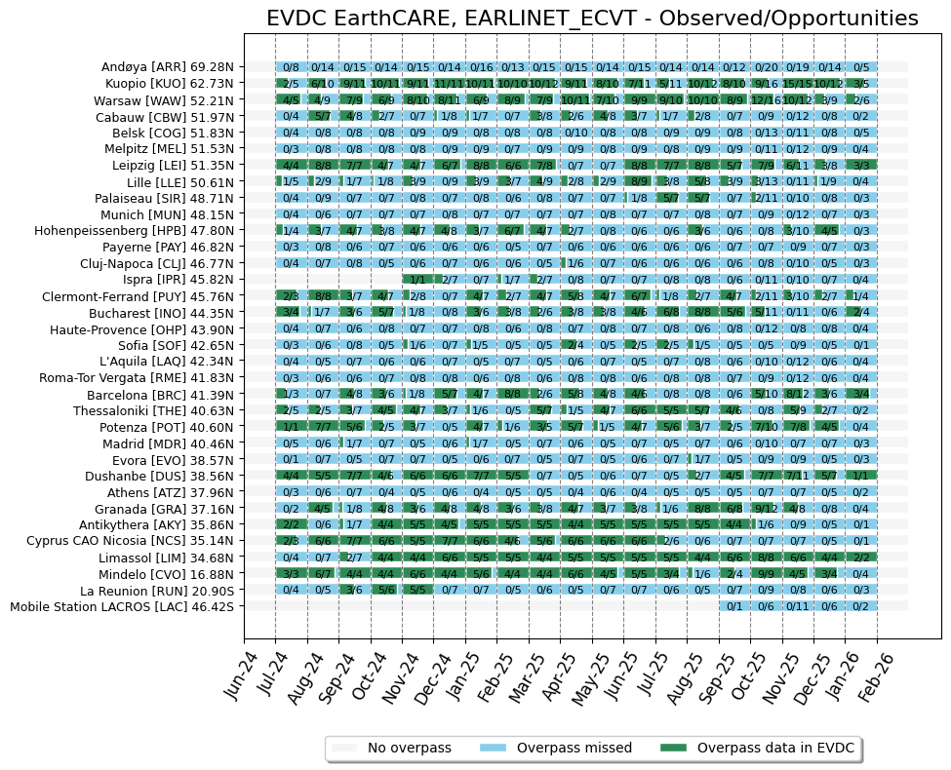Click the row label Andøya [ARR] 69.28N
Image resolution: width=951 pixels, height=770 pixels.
pyautogui.click(x=167, y=67)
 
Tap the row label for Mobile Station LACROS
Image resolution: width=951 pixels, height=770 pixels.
pyautogui.click(x=122, y=606)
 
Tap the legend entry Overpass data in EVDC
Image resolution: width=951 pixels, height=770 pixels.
pyautogui.click(x=774, y=748)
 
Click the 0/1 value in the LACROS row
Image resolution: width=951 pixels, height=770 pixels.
pyautogui.click(x=734, y=606)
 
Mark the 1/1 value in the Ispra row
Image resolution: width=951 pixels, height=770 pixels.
pyautogui.click(x=417, y=280)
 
